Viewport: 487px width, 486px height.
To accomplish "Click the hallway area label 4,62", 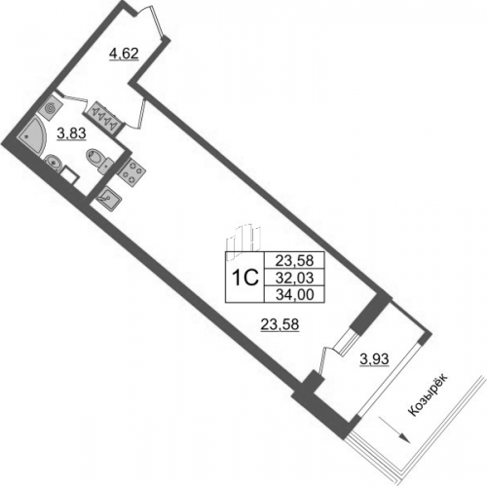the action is click(x=124, y=54).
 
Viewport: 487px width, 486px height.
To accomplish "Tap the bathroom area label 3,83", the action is click(x=71, y=132).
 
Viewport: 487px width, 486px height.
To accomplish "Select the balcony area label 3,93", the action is click(x=374, y=359).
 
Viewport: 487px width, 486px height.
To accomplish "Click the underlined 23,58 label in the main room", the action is click(x=280, y=324).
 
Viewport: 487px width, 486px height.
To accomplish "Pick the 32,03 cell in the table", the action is click(x=294, y=278).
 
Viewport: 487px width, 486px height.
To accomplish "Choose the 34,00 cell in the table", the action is click(x=294, y=294).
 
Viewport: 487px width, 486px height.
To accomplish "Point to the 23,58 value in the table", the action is click(x=294, y=260).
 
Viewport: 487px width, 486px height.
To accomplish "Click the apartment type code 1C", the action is click(x=245, y=278).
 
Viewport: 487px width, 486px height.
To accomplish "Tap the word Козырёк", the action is click(x=428, y=393).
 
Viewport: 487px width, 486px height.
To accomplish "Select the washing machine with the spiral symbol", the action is click(x=50, y=107).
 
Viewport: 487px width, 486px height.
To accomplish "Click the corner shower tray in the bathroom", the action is click(x=32, y=138).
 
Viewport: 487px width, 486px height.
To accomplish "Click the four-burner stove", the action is click(x=131, y=171).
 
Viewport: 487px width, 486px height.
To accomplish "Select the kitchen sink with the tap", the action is click(x=108, y=199).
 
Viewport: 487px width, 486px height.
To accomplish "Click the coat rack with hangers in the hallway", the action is click(x=104, y=117).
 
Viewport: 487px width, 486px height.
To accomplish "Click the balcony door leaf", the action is click(x=322, y=361).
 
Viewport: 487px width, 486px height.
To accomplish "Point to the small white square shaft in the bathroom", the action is click(x=69, y=176).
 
